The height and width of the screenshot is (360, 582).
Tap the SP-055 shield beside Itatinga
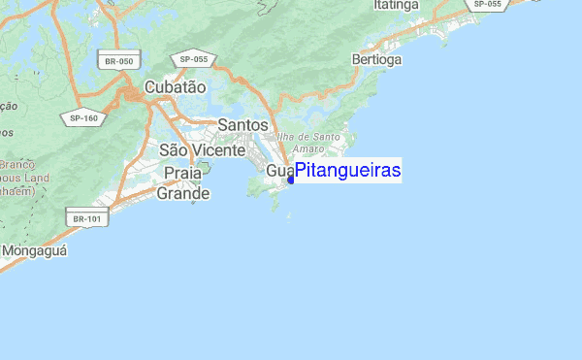pos(487,5)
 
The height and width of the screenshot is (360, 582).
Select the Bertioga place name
pos(376,60)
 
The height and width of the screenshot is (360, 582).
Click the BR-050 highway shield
pos(117,61)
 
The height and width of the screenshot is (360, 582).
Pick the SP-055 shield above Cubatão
pos(194,60)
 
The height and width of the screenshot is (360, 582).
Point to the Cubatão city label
pos(175,87)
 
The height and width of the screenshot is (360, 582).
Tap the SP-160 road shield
pos(83,118)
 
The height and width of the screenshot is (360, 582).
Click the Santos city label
pos(242,125)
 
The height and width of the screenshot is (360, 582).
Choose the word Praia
pos(183,173)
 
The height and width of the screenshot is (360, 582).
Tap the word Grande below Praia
pos(183,194)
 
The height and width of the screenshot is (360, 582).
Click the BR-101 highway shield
pos(86,219)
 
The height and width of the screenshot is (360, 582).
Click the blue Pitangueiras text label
pos(347,171)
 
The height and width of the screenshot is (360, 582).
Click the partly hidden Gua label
pos(278,172)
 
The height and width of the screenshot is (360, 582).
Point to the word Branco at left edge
pos(16,165)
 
